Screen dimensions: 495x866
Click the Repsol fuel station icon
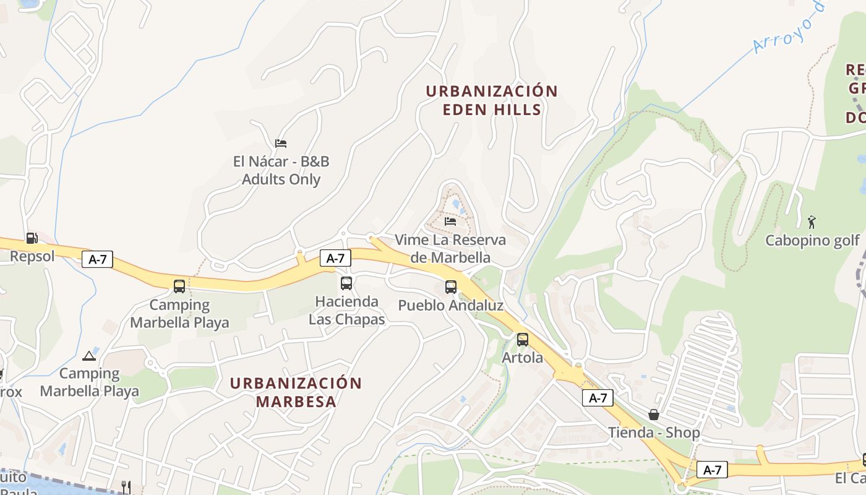point(32,238)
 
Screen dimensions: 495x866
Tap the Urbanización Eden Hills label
point(492,100)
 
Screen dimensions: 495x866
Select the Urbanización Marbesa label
point(296,392)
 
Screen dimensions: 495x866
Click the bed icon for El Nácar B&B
point(281,144)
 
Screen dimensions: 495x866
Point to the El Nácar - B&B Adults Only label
point(281,171)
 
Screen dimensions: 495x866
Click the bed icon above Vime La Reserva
point(450,221)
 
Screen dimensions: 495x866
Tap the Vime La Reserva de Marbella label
point(450,248)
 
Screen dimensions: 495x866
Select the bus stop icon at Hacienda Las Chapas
point(346,283)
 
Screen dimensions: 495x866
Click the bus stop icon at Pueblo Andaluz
point(451,287)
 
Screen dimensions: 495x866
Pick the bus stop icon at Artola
point(523,339)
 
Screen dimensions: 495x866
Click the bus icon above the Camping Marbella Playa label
point(179,286)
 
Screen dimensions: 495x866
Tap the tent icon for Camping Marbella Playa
point(89,356)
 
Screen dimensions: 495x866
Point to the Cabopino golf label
point(813,240)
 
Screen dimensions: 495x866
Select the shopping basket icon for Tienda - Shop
point(654,414)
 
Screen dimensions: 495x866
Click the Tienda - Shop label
point(654,433)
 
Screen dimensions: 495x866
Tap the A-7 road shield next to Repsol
point(97,260)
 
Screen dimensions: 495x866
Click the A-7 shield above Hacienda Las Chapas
point(335,258)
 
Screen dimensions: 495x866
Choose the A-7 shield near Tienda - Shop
point(598,398)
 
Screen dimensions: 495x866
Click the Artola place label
point(523,358)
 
